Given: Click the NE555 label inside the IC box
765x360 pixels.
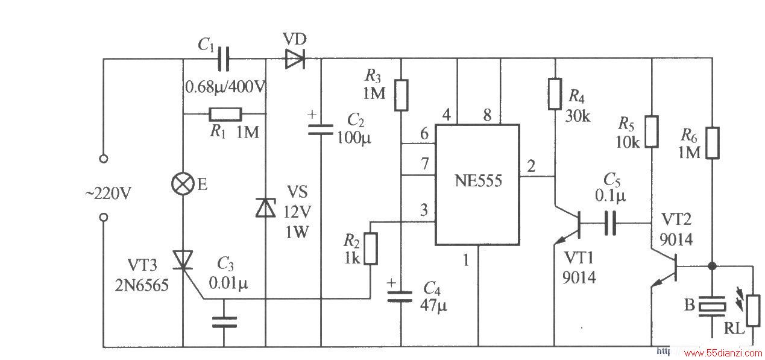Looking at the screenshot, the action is pos(478,181).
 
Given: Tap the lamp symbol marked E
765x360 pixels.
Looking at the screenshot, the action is pos(183,184).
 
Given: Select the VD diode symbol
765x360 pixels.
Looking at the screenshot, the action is pos(295,59).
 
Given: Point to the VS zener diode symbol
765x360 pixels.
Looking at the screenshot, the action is pos(266,207).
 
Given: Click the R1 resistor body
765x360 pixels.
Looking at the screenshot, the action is pos(225,115).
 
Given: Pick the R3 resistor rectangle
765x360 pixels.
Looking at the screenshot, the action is pos(401,95).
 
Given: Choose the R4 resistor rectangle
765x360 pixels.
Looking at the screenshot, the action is pos(555,94).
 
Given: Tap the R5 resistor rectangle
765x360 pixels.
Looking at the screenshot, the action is pos(652,132).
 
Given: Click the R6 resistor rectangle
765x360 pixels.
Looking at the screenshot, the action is pos(713,143).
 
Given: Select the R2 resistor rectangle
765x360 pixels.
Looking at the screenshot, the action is pos(371,248).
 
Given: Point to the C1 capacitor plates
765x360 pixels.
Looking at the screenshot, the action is pos(224,59).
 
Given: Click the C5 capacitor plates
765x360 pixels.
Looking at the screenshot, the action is pos(610,223).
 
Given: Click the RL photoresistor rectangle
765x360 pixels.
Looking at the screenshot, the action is pos(753,311).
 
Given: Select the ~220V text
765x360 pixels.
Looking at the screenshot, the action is pos(108,194).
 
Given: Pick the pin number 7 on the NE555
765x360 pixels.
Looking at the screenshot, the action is pos(424,164).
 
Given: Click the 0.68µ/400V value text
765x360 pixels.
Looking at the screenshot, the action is pos(225,87).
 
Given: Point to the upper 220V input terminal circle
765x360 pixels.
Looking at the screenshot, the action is pos(104,159).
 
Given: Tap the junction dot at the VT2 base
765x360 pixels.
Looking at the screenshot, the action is pos(712,265).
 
